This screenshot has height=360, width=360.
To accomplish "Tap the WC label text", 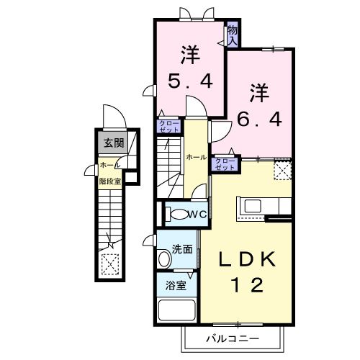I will click(x=198, y=214).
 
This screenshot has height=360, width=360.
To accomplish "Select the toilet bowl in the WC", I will click(x=175, y=214).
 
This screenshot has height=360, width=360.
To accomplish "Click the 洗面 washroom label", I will click(x=181, y=250).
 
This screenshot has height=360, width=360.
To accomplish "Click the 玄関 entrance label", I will click(x=112, y=142).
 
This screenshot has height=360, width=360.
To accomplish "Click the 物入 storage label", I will click(x=233, y=35).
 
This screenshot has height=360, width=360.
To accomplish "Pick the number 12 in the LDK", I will click(x=242, y=285).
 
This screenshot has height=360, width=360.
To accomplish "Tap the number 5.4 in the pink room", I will click(x=191, y=81).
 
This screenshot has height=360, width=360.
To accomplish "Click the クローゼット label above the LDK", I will click(x=225, y=163).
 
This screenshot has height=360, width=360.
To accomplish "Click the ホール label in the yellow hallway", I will click(x=195, y=157).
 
